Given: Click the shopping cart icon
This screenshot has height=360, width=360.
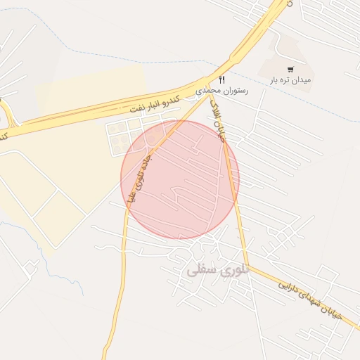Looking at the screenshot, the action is coord(290,70).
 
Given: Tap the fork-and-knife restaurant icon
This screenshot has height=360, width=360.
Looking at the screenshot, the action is coord(222,79).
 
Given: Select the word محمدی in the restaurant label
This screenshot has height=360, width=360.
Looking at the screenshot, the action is coord(207,91).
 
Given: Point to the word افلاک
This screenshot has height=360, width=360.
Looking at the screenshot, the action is coord(219,130).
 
